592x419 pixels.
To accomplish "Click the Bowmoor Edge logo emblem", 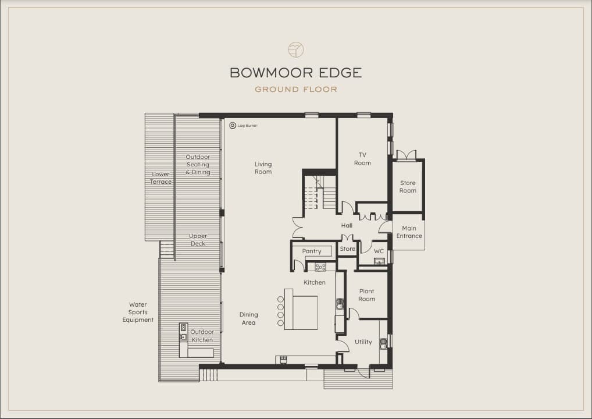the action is (x=296, y=49).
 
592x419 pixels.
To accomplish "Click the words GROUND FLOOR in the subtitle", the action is (x=296, y=90).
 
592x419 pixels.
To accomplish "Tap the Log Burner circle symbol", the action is (x=233, y=126).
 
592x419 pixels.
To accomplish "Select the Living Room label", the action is (x=263, y=168).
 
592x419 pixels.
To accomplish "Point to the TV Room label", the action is (x=362, y=159).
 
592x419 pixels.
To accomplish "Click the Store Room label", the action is (x=408, y=187).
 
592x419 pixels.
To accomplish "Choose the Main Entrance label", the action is (x=409, y=232).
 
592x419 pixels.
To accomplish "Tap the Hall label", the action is (x=347, y=226).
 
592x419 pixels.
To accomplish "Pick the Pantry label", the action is (x=312, y=251).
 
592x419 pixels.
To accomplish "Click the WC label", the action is (x=379, y=251).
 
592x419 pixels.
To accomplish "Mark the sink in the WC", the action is (x=379, y=261).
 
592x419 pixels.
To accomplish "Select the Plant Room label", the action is (x=366, y=295).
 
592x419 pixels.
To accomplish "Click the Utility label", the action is (x=363, y=342).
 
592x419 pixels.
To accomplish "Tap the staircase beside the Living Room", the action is (x=320, y=193).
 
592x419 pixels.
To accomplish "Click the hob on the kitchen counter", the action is (x=320, y=267).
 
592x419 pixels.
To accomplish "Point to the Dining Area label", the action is (x=248, y=318).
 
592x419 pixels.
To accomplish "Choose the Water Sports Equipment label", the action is (x=138, y=312).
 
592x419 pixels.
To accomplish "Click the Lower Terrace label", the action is (x=161, y=178).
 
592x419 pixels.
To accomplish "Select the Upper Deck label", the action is (x=198, y=240).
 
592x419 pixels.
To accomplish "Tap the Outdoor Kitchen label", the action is (x=202, y=336).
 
